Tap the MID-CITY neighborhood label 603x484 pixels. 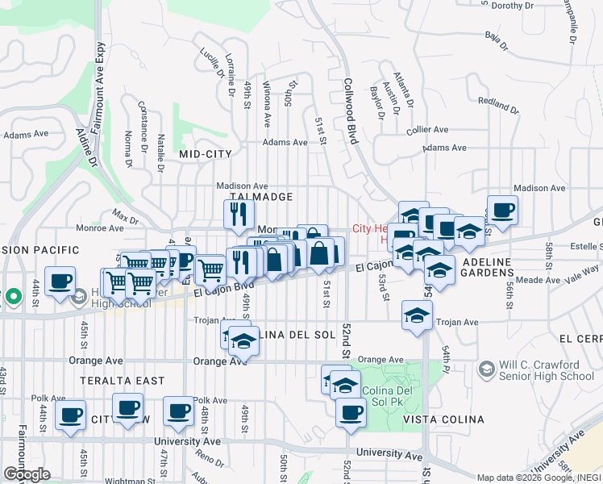click(x=205, y=153)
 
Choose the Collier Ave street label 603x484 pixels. click(x=427, y=129)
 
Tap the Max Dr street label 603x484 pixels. click(x=125, y=217)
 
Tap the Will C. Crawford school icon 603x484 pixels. click(x=486, y=369)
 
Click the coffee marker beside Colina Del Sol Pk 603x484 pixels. click(x=351, y=411)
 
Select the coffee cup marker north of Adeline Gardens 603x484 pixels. click(x=502, y=211)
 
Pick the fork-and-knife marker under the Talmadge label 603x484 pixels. click(x=239, y=215)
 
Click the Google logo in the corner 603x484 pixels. click(x=27, y=474)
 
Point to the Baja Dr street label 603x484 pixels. click(x=497, y=38)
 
